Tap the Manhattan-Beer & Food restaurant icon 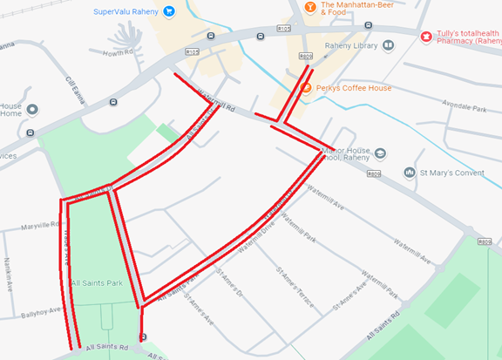click(309, 8)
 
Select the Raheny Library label click(349, 45)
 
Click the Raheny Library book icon click(388, 45)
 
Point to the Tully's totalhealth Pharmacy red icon click(426, 37)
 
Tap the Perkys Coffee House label click(353, 88)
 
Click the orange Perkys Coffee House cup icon click(305, 88)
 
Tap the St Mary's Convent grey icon click(409, 173)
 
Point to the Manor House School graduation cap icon click(381, 153)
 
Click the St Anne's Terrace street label click(293, 284)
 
